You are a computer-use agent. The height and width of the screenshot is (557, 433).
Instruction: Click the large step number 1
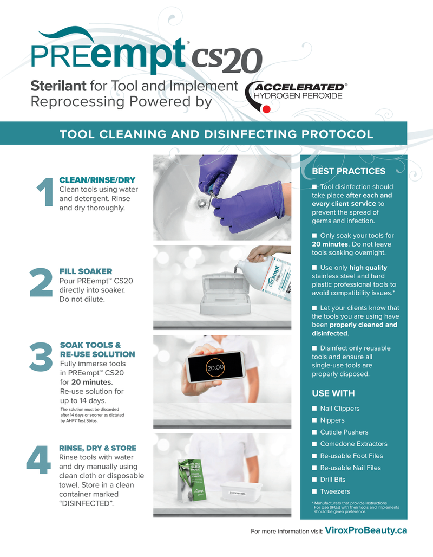pos(43,192)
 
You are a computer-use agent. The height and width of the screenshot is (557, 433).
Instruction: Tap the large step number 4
pos(39,460)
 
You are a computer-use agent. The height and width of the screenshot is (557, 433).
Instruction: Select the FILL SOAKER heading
pos(86,271)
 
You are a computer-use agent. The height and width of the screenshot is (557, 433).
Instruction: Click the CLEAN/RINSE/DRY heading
pos(97,180)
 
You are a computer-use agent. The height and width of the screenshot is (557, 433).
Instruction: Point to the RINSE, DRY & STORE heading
pos(97,448)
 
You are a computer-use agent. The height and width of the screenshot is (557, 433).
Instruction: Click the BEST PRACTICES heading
pos(349,171)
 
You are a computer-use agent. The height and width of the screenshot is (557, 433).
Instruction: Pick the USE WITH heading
pos(333,393)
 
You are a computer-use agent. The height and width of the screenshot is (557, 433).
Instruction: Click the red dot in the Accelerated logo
pos(266,109)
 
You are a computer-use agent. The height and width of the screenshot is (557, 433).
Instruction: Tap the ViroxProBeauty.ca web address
pos(365,531)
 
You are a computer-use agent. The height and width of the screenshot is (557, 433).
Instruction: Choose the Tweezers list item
pos(335,491)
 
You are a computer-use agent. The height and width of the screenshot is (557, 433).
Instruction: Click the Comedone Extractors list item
pos(353,444)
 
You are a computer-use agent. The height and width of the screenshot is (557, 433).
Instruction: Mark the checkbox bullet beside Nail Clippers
pos(314,409)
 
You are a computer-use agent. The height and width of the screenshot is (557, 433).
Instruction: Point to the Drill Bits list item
pos(332,480)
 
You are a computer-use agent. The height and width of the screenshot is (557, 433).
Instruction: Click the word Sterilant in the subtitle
pos(58,86)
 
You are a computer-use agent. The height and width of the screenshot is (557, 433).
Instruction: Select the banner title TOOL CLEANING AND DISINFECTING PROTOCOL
pos(216,134)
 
